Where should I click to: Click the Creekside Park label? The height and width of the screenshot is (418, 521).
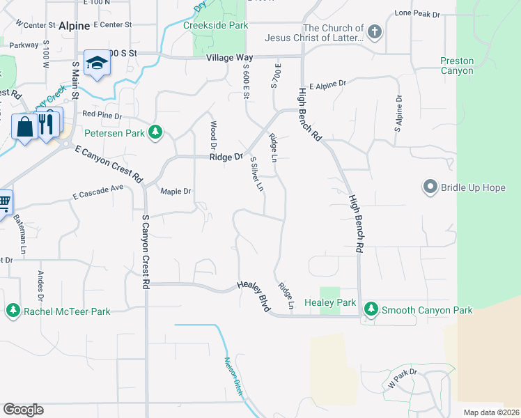[x=215, y=25]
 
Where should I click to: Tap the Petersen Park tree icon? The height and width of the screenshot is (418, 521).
[x=157, y=132]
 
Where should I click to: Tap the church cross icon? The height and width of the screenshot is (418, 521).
[x=375, y=32]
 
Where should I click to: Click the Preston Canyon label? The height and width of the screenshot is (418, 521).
[x=457, y=65]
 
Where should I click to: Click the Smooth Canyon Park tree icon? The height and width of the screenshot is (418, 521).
[x=371, y=310]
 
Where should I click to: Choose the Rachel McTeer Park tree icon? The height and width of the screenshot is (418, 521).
[x=13, y=311]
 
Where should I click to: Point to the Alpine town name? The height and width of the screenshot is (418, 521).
[x=74, y=26]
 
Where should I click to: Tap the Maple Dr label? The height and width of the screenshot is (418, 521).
[x=175, y=192]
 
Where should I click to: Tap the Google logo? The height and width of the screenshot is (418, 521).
[x=23, y=410]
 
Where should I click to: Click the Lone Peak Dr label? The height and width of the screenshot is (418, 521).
[x=417, y=13]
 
